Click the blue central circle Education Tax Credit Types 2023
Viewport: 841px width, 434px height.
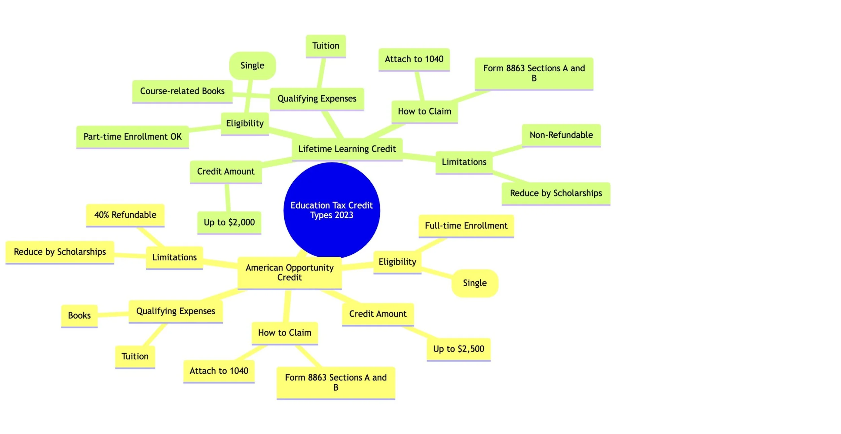(x=331, y=210)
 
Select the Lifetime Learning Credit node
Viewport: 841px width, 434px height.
(x=347, y=149)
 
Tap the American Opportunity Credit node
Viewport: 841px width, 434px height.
(x=289, y=273)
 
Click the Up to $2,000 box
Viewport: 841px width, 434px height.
(x=229, y=222)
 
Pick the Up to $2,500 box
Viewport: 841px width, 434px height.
(x=458, y=349)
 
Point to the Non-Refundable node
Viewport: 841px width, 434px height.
(x=561, y=135)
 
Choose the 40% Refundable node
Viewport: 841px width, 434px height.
(x=125, y=215)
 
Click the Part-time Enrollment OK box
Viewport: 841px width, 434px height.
(x=132, y=137)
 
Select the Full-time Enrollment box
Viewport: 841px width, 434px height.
(x=466, y=226)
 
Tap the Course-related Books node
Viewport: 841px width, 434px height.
(x=182, y=91)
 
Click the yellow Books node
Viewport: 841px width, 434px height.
(x=79, y=316)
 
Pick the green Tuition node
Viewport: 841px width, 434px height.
(x=325, y=46)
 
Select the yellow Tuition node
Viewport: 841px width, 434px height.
(x=135, y=356)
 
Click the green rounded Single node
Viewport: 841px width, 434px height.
(x=252, y=66)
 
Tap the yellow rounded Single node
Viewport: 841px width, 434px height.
(x=474, y=283)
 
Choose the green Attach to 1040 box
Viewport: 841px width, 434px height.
(x=414, y=59)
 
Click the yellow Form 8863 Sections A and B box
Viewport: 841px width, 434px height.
(x=335, y=382)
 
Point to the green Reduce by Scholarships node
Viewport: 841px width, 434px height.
(x=555, y=193)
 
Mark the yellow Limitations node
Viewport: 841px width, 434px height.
(x=174, y=257)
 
